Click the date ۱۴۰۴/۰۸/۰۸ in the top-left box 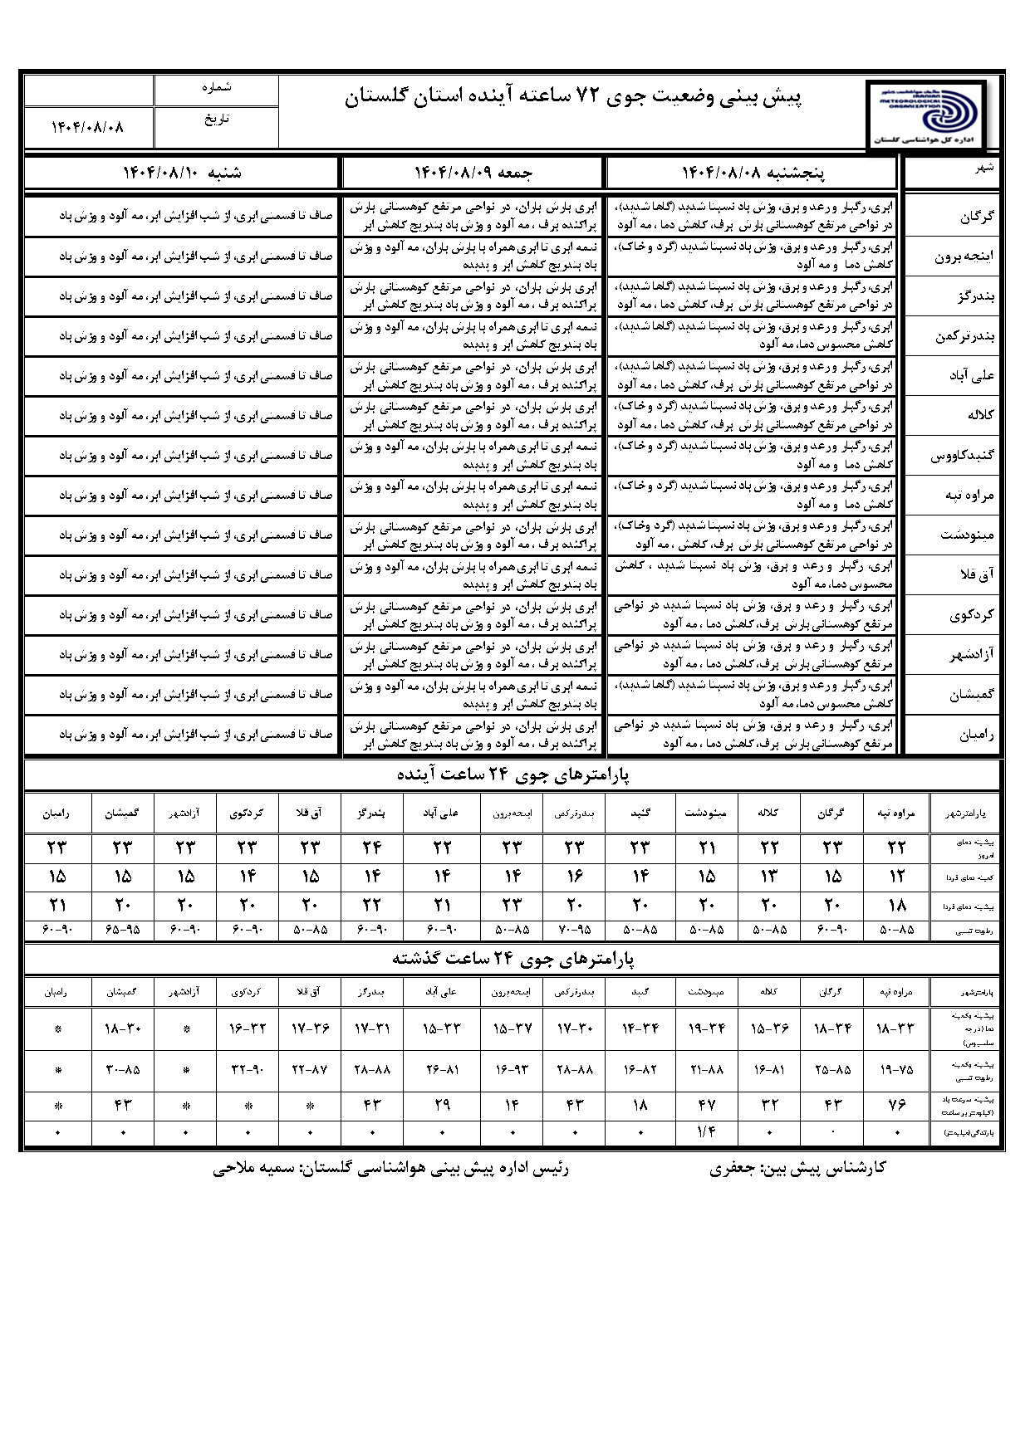pyautogui.click(x=87, y=127)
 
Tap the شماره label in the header pyautogui.click(x=217, y=86)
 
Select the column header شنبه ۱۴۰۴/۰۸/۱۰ pyautogui.click(x=183, y=173)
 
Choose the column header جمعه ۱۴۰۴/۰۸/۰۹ pyautogui.click(x=473, y=173)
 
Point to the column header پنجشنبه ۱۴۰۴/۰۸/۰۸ pyautogui.click(x=753, y=173)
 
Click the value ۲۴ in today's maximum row pyautogui.click(x=371, y=848)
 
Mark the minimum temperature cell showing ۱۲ pyautogui.click(x=896, y=877)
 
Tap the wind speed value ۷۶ pyautogui.click(x=896, y=1105)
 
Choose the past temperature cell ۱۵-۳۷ pyautogui.click(x=513, y=1029)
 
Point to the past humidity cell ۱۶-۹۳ pyautogui.click(x=513, y=1070)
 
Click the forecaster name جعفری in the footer pyautogui.click(x=732, y=1168)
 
